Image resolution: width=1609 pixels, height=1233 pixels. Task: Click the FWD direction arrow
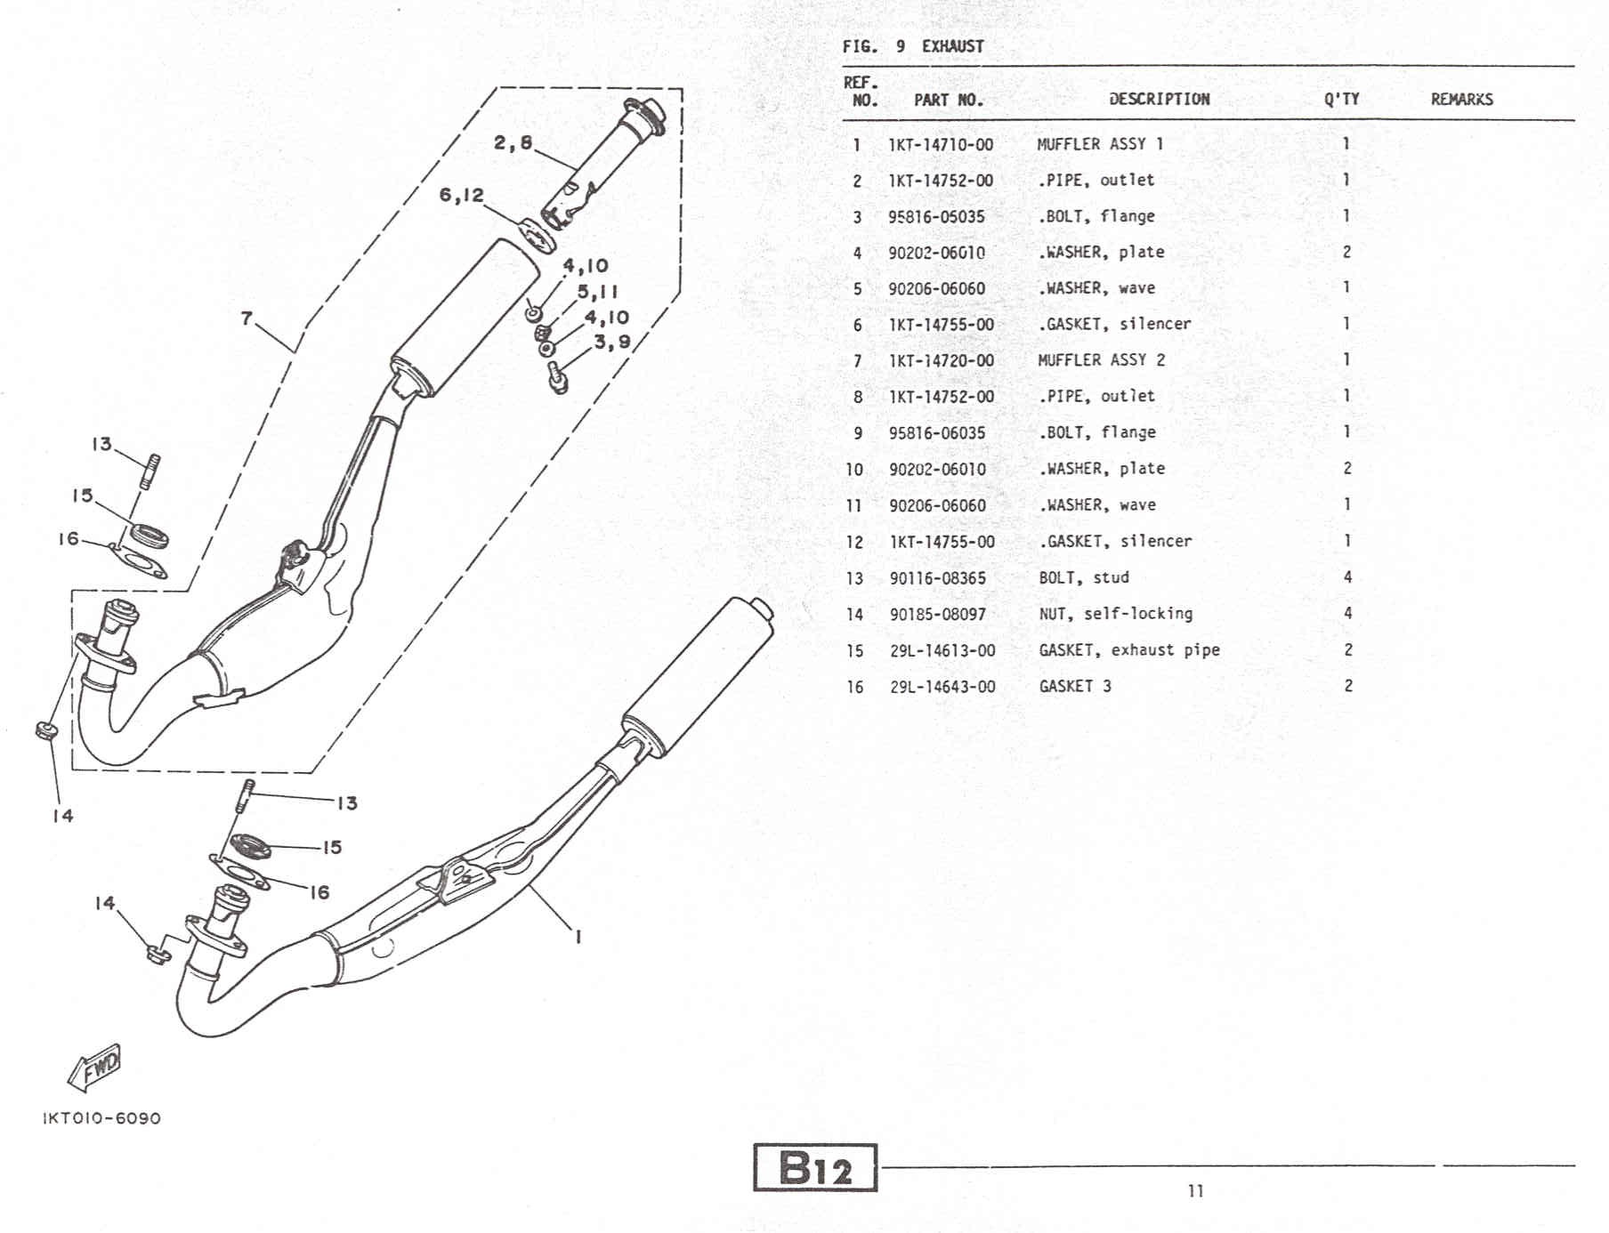coord(94,1066)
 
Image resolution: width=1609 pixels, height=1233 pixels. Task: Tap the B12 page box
coord(815,1167)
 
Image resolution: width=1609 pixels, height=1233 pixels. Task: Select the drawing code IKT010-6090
coord(101,1118)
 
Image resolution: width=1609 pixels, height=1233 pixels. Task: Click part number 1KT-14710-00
coord(941,144)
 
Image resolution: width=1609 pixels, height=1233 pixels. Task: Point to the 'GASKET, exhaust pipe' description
coord(1128,650)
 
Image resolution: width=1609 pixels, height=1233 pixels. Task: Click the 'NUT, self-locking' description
coord(1115,614)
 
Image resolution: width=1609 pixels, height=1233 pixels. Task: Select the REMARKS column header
coord(1461,100)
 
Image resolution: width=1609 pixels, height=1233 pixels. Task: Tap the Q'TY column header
coord(1341,100)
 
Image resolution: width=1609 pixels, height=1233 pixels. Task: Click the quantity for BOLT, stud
coord(1347,577)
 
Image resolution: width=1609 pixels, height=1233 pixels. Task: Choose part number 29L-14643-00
coord(942,687)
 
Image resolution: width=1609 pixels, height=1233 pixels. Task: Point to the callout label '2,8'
coord(513,142)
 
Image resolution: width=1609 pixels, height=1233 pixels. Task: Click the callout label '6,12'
coord(461,195)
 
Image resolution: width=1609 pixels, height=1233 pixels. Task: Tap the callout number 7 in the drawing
coord(247,318)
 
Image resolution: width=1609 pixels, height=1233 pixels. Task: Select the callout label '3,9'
coord(611,342)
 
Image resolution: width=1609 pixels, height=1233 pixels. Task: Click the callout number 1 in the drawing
coord(578,936)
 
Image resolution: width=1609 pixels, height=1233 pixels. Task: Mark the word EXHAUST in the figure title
coord(952,46)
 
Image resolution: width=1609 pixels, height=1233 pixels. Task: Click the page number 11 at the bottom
coord(1195,1190)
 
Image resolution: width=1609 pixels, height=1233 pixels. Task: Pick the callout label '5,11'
coord(597,292)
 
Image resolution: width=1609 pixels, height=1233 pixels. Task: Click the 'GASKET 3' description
coord(1075,687)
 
